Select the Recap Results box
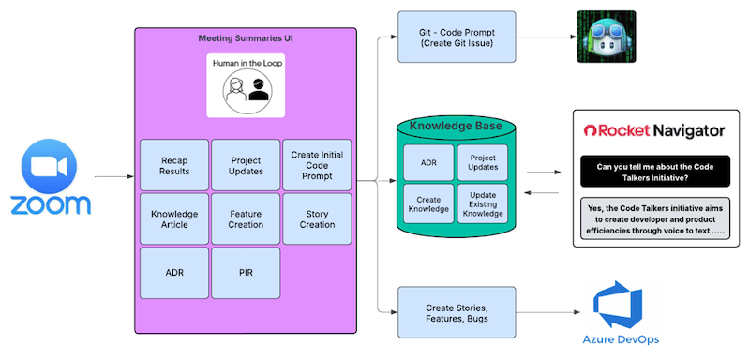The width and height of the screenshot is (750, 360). point(174,165)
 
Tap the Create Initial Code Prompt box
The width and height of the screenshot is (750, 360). point(317,165)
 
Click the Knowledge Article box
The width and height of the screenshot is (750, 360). point(174,218)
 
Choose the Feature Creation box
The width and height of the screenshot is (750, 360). point(246,218)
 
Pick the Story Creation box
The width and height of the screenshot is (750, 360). point(317,218)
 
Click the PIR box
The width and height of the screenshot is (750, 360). point(246,272)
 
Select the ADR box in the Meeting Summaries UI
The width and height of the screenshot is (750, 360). point(174,272)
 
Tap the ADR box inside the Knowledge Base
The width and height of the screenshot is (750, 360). point(427,162)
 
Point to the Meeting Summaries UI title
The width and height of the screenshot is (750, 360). point(245,39)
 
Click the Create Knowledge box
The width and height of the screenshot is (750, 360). point(427,202)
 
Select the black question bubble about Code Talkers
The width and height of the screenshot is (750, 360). point(654,172)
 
